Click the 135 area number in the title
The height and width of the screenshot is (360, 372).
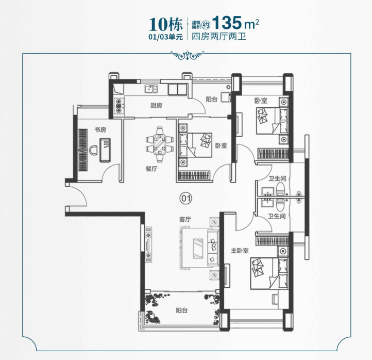point(227,23)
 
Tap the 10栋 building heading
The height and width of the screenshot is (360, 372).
point(166,24)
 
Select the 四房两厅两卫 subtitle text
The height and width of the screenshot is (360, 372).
point(219,37)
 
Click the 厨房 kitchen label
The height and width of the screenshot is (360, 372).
point(156,105)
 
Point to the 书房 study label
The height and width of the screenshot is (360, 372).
point(100,129)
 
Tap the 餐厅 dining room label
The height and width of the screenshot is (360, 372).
point(151,169)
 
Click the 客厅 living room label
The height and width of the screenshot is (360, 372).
point(185,219)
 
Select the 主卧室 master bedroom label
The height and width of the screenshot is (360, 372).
point(240,251)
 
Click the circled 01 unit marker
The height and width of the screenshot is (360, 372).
point(186,198)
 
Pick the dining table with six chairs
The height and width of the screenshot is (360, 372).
point(160,144)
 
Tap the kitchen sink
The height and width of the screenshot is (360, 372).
point(151,89)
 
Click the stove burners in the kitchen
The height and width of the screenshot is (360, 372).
point(119,106)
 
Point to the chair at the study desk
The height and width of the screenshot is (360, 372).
point(93,150)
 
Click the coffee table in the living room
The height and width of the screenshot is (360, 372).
point(198,249)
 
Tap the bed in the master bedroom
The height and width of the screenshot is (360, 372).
point(269,273)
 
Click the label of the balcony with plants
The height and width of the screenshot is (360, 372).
point(182,310)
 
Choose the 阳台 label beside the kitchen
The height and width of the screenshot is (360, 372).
point(212,99)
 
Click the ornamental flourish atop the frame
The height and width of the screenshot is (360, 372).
point(188,56)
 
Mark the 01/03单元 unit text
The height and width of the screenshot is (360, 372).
point(166,37)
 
